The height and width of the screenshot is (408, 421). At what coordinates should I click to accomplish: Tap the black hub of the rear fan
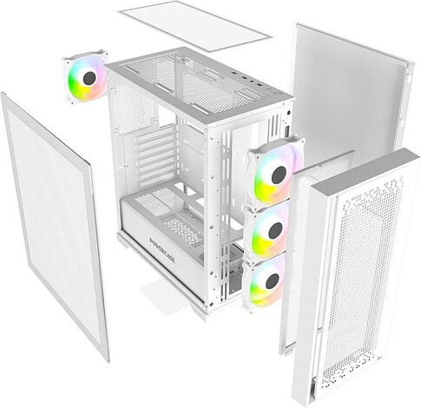pos(88,75)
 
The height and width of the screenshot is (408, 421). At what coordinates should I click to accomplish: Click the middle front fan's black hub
pos(274,229)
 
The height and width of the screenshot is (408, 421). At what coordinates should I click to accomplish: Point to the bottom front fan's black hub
pos(270,280)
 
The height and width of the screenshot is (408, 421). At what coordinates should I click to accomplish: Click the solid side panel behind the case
pos(347,95)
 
